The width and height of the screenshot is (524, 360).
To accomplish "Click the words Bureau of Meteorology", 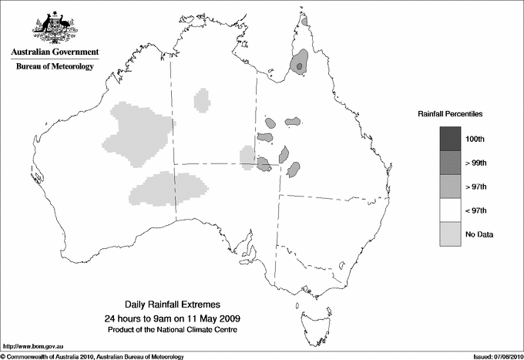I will (54, 67).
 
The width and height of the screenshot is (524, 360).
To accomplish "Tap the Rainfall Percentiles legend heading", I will (450, 113).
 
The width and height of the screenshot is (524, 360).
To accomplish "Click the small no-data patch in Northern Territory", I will (202, 99).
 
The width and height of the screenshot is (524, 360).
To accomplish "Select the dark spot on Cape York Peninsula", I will (300, 67).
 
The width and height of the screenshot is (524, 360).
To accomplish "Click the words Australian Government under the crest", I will (54, 52).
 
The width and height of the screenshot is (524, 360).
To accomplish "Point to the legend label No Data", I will (479, 234).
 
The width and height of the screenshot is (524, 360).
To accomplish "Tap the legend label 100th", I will (475, 138).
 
